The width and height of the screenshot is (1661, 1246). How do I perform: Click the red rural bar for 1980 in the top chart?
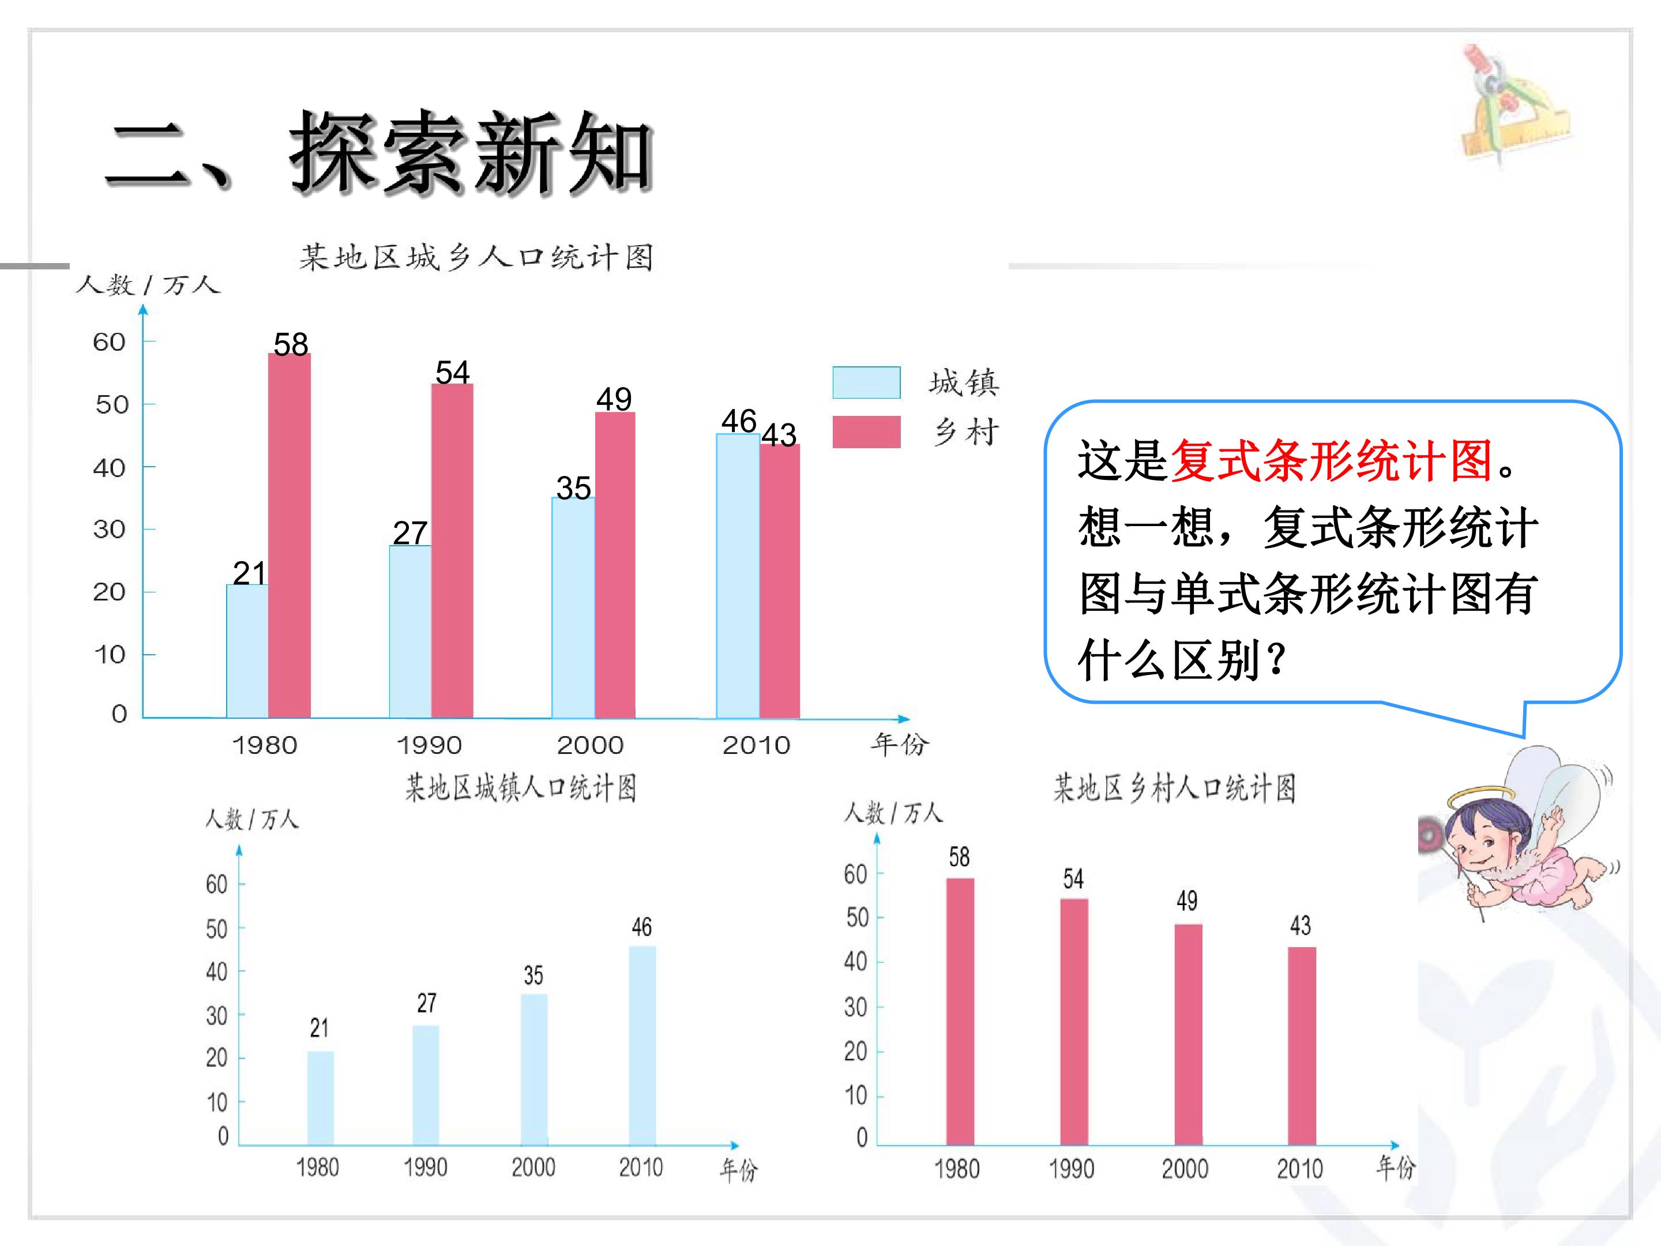pyautogui.click(x=289, y=535)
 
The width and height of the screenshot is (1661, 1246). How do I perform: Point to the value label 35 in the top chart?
pyautogui.click(x=574, y=488)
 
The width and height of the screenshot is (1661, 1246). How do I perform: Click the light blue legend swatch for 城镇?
pyautogui.click(x=866, y=382)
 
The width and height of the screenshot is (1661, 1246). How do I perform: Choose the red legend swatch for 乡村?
pyautogui.click(x=866, y=432)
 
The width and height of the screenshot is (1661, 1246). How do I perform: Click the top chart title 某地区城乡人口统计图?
pyautogui.click(x=476, y=257)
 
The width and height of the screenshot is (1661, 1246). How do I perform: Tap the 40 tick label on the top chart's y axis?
pyautogui.click(x=109, y=468)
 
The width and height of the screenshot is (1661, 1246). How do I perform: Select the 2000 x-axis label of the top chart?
pyautogui.click(x=590, y=745)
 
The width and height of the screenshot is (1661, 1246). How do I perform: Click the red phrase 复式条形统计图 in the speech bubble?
pyautogui.click(x=1331, y=460)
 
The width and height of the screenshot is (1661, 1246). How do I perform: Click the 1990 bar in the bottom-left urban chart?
pyautogui.click(x=426, y=1085)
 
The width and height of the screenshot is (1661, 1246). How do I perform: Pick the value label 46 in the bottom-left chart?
pyautogui.click(x=641, y=927)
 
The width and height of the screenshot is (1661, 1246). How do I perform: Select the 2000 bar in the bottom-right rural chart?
pyautogui.click(x=1188, y=1034)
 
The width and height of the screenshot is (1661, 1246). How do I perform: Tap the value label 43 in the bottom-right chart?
pyautogui.click(x=1301, y=925)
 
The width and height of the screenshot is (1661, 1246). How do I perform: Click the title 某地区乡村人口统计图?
pyautogui.click(x=1174, y=789)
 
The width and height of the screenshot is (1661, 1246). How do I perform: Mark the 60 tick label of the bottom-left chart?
pyautogui.click(x=216, y=884)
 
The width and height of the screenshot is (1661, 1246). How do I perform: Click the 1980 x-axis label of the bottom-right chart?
pyautogui.click(x=957, y=1169)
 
